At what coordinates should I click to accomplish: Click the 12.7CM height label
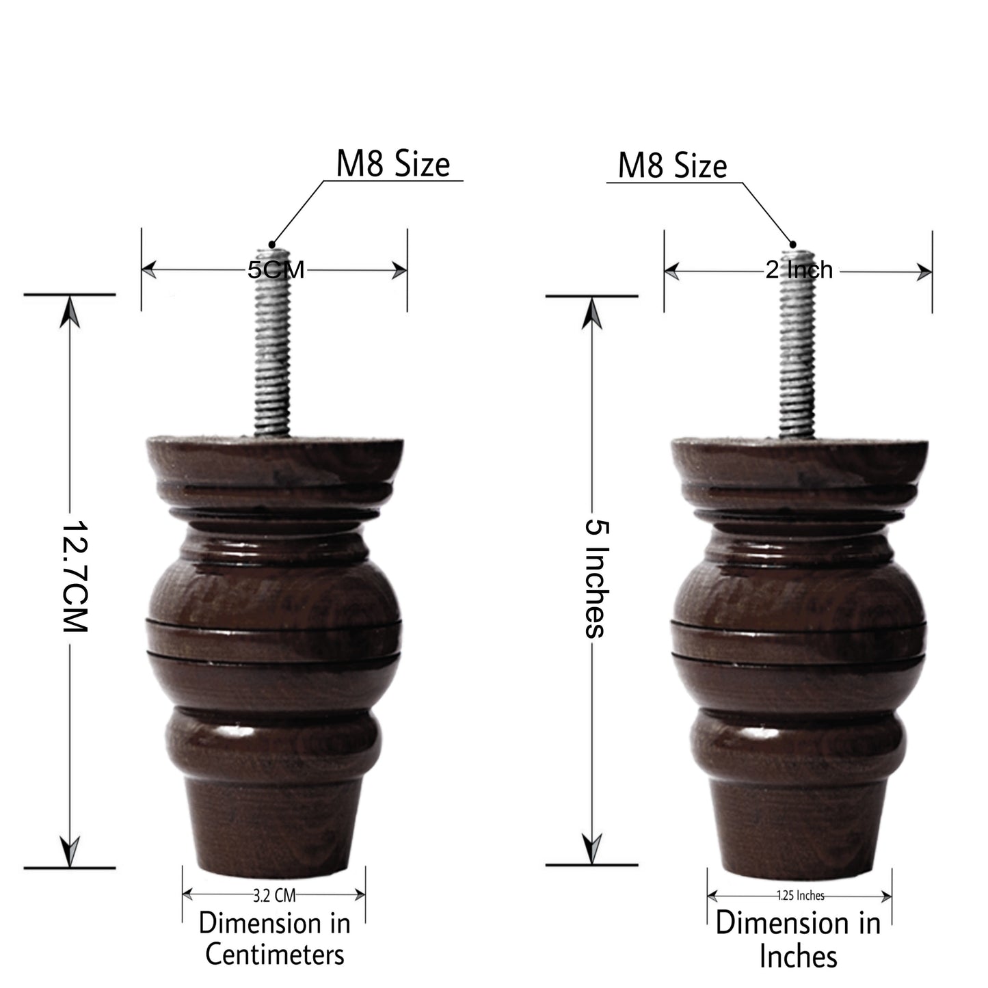pos(75,576)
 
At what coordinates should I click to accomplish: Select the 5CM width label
pos(276,269)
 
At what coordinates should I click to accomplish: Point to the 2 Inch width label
pos(799,270)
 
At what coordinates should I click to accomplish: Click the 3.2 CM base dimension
pos(274,895)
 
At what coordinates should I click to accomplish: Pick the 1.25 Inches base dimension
pos(801,895)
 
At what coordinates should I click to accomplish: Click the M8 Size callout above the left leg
pos(392,164)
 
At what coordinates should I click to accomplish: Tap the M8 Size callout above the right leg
pos(672,165)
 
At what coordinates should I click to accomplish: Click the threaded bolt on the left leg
pos(272,342)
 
